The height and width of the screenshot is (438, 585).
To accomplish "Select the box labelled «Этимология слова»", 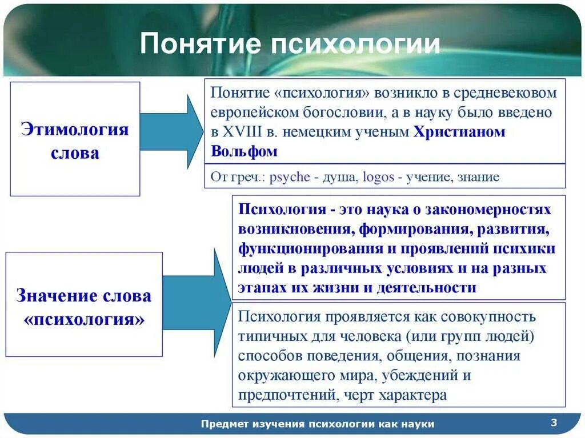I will coord(75,139).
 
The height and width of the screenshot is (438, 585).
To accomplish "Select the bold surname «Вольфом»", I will coord(244,151).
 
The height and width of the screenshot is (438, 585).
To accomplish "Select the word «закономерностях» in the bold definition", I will coord(485,210).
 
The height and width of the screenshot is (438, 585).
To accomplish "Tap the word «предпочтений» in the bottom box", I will coord(287,395).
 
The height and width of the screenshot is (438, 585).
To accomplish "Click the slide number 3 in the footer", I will coord(554,423).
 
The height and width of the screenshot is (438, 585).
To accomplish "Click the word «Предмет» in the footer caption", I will coord(226,424).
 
